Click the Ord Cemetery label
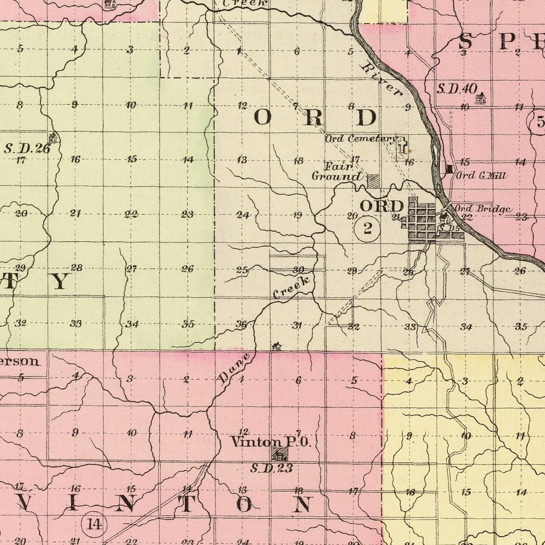(x=361, y=138)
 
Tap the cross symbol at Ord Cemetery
(x=402, y=147)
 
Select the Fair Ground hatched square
(x=374, y=181)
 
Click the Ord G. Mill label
(x=480, y=176)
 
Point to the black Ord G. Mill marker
(x=449, y=169)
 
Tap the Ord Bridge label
(x=483, y=209)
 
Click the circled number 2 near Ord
(x=367, y=229)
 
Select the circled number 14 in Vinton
(x=94, y=524)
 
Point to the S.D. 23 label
(x=271, y=468)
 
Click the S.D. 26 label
(x=28, y=148)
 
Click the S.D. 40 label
(x=456, y=88)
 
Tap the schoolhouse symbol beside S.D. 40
(x=481, y=98)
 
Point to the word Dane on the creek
(x=234, y=368)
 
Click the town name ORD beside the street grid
(x=381, y=206)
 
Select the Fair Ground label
(x=336, y=172)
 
